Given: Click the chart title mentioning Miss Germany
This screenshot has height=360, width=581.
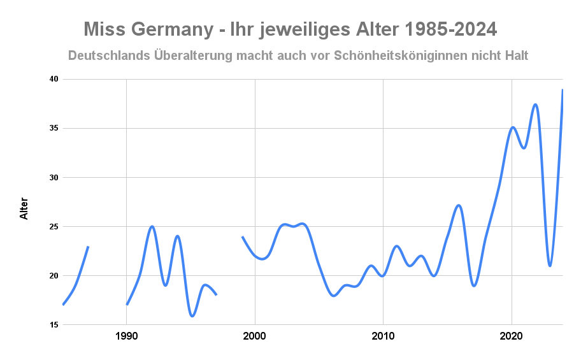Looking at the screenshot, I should point(290,29).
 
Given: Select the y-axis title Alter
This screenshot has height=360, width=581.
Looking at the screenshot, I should point(24,208).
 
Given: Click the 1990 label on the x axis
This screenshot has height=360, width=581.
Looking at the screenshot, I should point(127,336).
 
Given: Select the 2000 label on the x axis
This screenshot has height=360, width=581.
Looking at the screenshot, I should point(255,336).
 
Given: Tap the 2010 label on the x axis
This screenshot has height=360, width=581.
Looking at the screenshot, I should point(383,336).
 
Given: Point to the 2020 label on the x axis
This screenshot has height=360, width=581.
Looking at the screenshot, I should point(511,336).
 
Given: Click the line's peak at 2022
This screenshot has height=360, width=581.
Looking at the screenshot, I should point(536,104).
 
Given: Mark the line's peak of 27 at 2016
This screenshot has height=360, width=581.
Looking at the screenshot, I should point(459,205).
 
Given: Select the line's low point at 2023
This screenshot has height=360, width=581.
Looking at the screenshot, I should point(550,266).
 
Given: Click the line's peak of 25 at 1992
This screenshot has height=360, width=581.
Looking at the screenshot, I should point(152,226).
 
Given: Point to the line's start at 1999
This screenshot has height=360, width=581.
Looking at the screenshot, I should point(242,236).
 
